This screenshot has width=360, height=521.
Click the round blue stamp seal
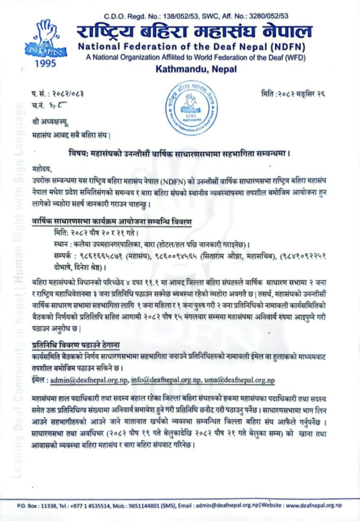click(191, 108)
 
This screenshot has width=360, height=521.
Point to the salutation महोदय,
click(42, 168)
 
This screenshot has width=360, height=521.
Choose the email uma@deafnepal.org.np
click(240, 380)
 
